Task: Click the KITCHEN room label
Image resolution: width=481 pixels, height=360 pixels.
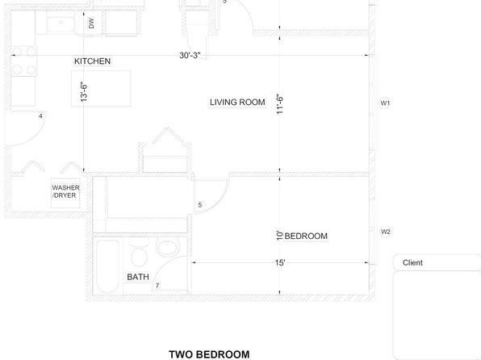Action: pyautogui.click(x=92, y=61)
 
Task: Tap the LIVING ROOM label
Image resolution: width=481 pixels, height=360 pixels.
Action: pyautogui.click(x=237, y=103)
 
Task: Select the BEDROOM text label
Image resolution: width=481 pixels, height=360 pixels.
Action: pyautogui.click(x=306, y=236)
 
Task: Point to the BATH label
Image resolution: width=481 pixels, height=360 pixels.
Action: pyautogui.click(x=138, y=277)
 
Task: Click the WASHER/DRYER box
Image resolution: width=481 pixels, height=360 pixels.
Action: pyautogui.click(x=65, y=193)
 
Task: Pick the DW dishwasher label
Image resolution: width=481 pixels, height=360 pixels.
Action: pyautogui.click(x=91, y=23)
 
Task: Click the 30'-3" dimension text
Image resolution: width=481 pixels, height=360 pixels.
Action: pyautogui.click(x=190, y=55)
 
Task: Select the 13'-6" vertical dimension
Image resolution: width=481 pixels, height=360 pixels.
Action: pyautogui.click(x=84, y=91)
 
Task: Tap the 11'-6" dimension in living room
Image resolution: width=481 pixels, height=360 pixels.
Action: pyautogui.click(x=280, y=104)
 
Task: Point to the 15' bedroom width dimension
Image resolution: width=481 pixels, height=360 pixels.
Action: pyautogui.click(x=280, y=262)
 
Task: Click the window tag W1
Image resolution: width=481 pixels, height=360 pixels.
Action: pyautogui.click(x=385, y=103)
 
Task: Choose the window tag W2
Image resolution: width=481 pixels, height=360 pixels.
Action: pyautogui.click(x=385, y=232)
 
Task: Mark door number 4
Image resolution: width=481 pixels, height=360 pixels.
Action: pyautogui.click(x=40, y=116)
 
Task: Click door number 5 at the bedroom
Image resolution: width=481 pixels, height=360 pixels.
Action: pyautogui.click(x=200, y=205)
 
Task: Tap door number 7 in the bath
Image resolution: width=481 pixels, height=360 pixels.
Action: pyautogui.click(x=157, y=286)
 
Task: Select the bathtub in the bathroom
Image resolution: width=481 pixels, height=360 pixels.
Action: pyautogui.click(x=107, y=266)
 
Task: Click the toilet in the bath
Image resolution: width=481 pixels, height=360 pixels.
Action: pyautogui.click(x=139, y=253)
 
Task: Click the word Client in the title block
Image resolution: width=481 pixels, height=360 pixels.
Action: pyautogui.click(x=412, y=262)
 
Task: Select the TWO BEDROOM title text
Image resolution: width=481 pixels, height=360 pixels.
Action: pyautogui.click(x=209, y=354)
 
